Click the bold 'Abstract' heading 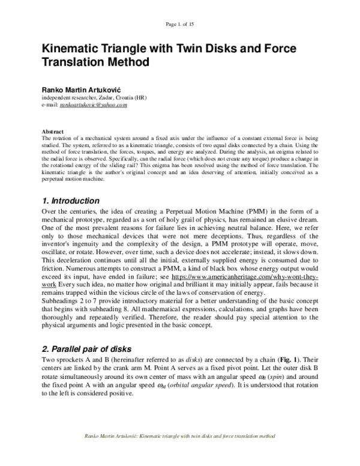point(52,130)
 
